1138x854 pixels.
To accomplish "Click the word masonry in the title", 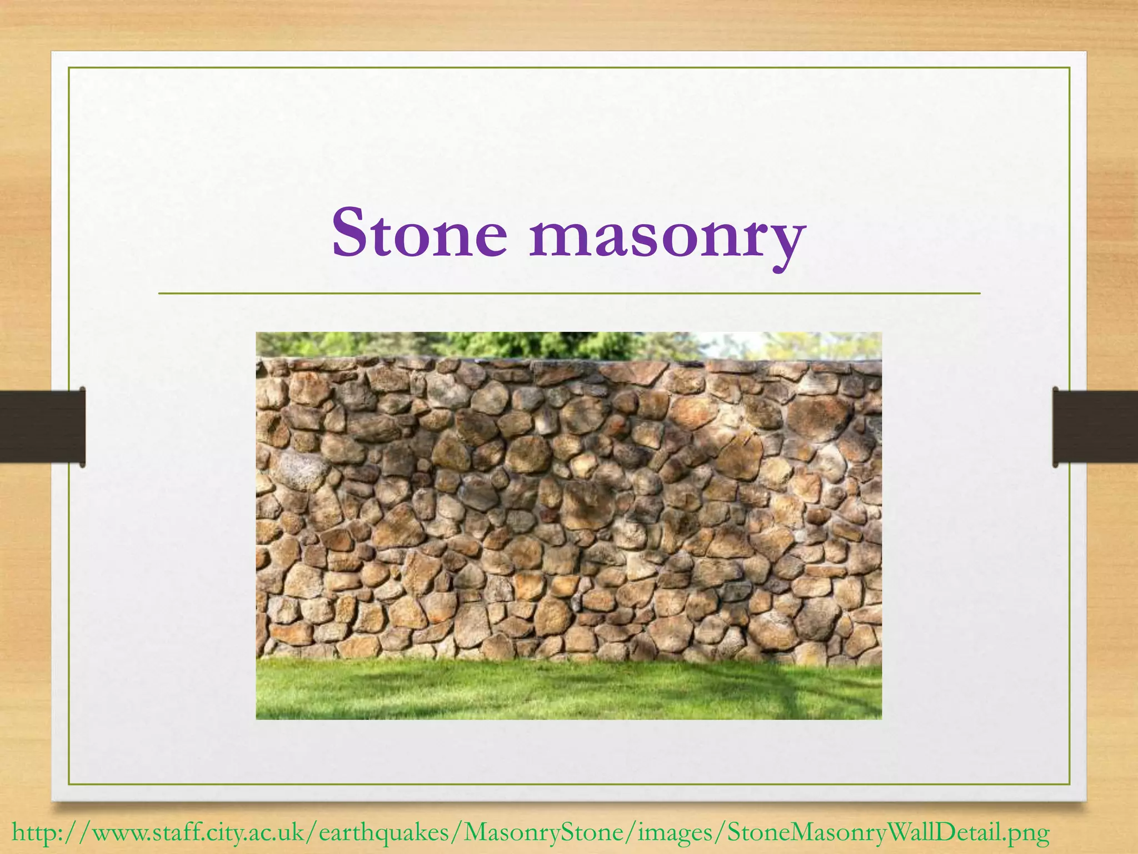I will click(x=667, y=236).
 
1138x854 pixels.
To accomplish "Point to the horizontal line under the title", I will click(x=569, y=293).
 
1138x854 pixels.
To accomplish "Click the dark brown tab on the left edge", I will click(x=42, y=426).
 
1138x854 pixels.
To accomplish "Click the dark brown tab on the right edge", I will click(x=1095, y=426).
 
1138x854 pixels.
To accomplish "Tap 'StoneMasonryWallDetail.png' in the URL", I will click(x=888, y=833).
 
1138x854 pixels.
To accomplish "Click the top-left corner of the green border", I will click(x=69, y=68).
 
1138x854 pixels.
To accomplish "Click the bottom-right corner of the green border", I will click(x=1070, y=784).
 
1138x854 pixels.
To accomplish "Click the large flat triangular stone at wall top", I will click(x=633, y=372).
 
